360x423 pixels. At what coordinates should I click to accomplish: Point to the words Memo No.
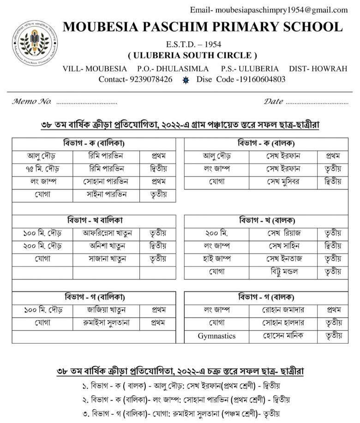(31, 101)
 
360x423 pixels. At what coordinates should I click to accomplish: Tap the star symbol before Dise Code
(186, 80)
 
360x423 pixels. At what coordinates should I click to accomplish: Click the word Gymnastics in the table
(216, 336)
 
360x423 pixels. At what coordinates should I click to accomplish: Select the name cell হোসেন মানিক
(283, 336)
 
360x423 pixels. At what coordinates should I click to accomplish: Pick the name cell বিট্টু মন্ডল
(283, 272)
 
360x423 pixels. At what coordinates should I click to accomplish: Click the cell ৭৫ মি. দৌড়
(42, 169)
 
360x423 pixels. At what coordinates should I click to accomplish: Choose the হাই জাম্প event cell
(216, 259)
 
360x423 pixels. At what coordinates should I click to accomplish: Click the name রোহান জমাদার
(283, 310)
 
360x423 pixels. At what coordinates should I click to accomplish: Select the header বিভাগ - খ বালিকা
(94, 220)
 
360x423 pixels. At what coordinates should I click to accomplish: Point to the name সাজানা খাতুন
(107, 259)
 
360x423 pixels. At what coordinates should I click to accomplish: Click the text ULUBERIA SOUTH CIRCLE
(192, 56)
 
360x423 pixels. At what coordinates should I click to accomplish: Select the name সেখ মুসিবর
(283, 181)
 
